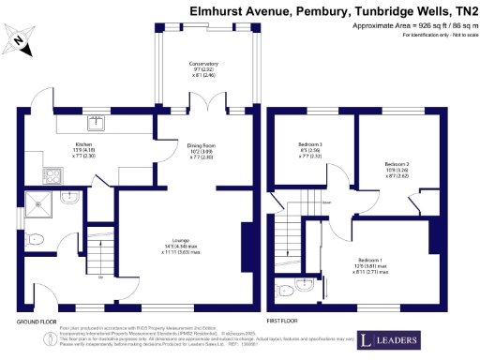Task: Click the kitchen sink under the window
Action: point(97,122)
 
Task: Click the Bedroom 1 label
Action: point(370,261)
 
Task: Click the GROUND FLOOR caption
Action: point(35,307)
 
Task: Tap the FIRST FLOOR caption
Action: point(283,307)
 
